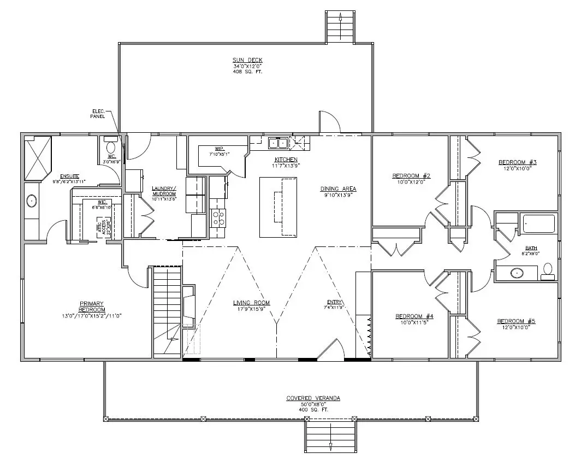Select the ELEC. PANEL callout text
98,114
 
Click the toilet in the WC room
111,147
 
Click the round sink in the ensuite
32,202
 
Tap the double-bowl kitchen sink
278,144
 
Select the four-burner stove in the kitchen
218,218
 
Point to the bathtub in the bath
538,223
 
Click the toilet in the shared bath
547,271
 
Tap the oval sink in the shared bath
517,272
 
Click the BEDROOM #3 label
518,162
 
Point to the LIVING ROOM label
251,303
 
